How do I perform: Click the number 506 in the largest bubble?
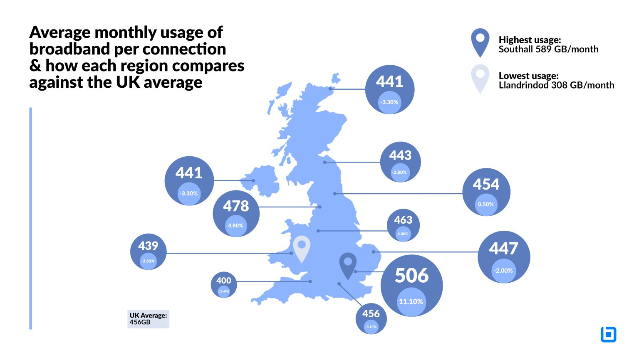[x=411, y=275]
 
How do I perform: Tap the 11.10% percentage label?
[x=411, y=302]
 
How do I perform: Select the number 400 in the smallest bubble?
[x=224, y=281]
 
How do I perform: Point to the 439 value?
[x=148, y=246]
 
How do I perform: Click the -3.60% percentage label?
[x=148, y=261]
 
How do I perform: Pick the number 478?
[x=236, y=206]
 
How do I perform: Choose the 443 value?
[x=400, y=155]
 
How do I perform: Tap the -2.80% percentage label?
[x=399, y=173]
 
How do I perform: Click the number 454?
[x=486, y=184]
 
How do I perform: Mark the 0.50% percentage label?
[x=486, y=205]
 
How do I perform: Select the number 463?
[x=403, y=220]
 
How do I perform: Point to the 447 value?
[x=503, y=249]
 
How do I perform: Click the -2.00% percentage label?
[x=503, y=271]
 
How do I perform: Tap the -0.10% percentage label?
[x=371, y=327]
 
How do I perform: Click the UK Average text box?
[x=148, y=319]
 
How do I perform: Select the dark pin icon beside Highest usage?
[x=480, y=42]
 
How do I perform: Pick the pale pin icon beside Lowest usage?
[x=480, y=78]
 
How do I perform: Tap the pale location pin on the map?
[x=302, y=248]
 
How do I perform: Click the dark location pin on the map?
[x=348, y=265]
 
